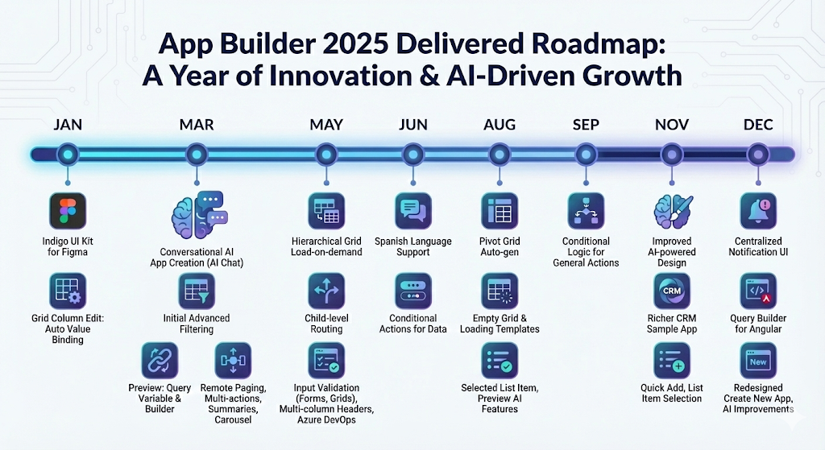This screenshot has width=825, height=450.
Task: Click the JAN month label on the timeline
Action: click(x=68, y=125)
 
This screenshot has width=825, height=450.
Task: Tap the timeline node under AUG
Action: click(x=500, y=153)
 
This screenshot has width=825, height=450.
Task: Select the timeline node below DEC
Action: click(x=757, y=153)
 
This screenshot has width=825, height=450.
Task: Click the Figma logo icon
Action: click(x=68, y=212)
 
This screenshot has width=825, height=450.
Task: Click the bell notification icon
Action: click(x=758, y=212)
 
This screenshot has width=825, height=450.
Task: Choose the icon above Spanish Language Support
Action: click(x=413, y=212)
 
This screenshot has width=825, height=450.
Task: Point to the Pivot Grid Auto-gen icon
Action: click(x=500, y=212)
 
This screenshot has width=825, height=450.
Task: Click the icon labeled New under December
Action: click(x=758, y=361)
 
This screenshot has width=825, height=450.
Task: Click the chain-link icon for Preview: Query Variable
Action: click(x=160, y=361)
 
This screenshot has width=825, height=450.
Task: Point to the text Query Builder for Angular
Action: click(x=758, y=323)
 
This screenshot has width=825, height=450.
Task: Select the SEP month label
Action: click(x=586, y=125)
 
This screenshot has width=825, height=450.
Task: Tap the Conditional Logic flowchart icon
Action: click(x=586, y=212)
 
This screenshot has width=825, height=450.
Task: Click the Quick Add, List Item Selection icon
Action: click(x=672, y=361)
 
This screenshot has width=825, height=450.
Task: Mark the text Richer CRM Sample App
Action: click(x=672, y=323)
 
